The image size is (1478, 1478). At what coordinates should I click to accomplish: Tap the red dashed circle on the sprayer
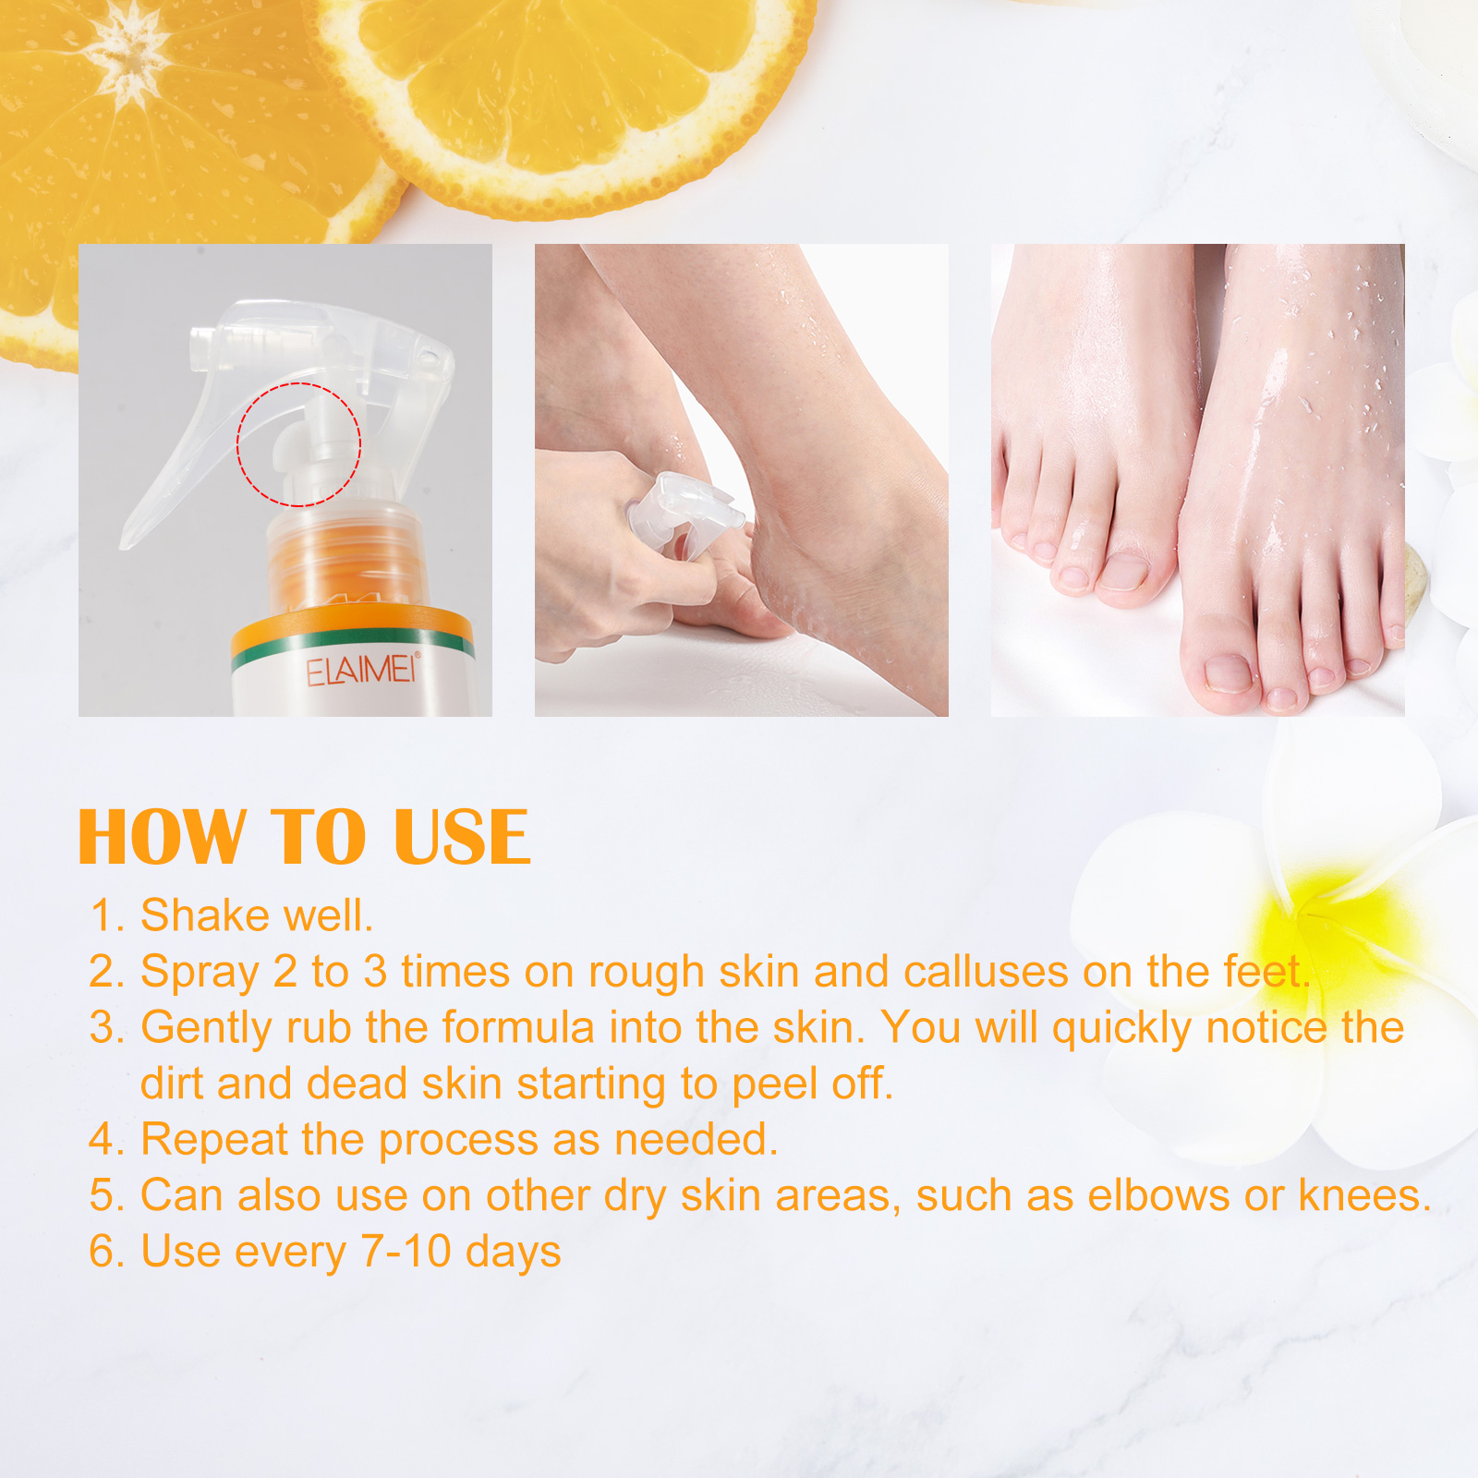tap(298, 444)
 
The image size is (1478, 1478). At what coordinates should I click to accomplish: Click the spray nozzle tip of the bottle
tap(200, 342)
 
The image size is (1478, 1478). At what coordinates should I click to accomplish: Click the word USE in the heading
tap(462, 838)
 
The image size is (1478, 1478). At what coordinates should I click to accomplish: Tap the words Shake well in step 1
tap(256, 915)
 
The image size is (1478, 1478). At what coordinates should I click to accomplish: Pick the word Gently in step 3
tap(205, 1028)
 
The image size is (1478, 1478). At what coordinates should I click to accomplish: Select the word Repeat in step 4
tap(213, 1140)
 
